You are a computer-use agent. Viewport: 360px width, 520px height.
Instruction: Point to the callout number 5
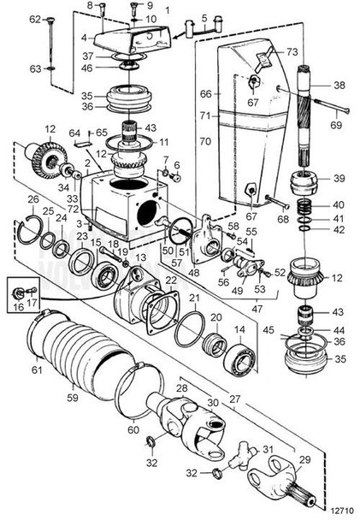tap(204, 16)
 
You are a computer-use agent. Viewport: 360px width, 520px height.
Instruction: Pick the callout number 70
tap(205, 139)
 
